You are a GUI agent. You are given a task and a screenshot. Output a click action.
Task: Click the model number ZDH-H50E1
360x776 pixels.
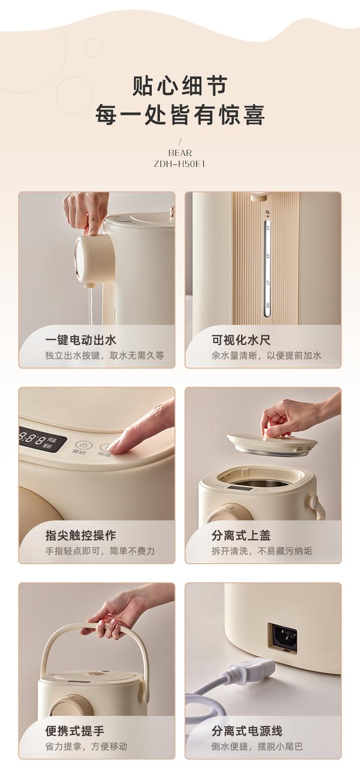(179, 164)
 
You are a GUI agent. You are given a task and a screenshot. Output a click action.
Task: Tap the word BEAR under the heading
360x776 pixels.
(180, 153)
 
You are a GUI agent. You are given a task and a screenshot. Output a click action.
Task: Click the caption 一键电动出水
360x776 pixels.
(81, 339)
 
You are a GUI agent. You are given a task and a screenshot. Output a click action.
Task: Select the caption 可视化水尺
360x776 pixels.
(241, 339)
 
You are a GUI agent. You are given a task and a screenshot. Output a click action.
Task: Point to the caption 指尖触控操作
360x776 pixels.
(81, 535)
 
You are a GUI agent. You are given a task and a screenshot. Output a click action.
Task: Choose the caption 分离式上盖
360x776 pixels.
(241, 535)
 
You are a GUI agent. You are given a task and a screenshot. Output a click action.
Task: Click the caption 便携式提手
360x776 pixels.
(75, 731)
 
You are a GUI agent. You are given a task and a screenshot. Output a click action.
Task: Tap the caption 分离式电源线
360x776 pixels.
(247, 731)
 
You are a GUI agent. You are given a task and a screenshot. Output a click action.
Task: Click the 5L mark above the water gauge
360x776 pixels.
(268, 212)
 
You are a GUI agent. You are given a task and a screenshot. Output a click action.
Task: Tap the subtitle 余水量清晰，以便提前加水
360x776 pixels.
(266, 355)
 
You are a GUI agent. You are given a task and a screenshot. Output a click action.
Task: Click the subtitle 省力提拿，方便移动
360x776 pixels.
(86, 747)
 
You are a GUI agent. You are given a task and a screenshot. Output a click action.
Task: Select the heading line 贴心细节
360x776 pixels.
(180, 85)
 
